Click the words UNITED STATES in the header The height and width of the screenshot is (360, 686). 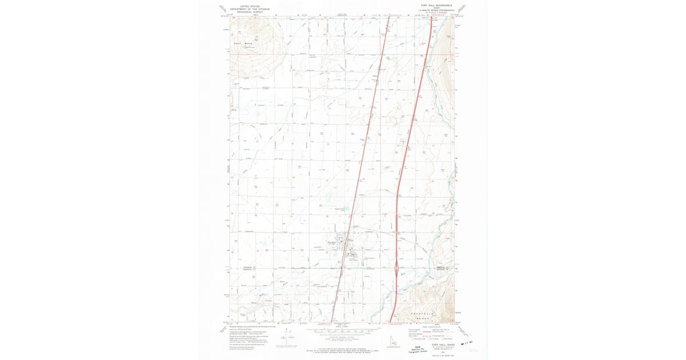[249, 6]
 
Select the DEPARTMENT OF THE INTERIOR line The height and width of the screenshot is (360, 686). [249, 9]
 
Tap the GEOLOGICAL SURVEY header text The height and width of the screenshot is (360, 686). [249, 11]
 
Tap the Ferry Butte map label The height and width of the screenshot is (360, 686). [243, 43]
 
